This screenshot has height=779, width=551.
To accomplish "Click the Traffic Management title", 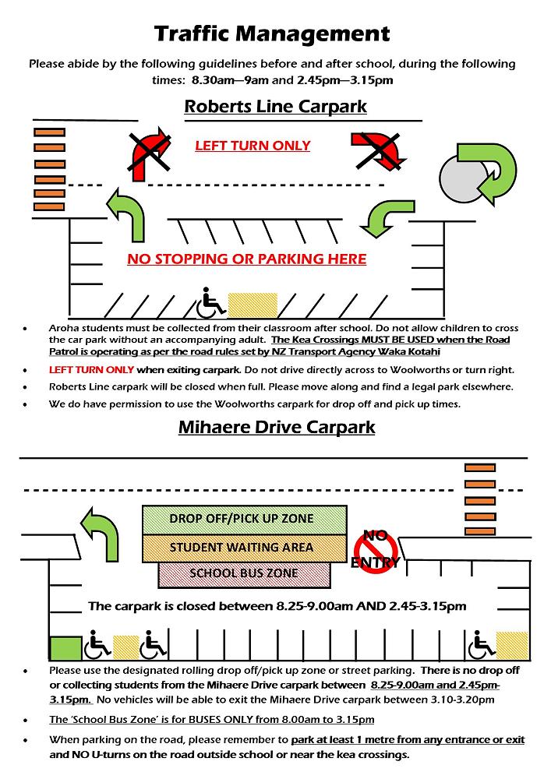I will [272, 33].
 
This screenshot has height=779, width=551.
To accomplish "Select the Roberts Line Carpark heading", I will [275, 106].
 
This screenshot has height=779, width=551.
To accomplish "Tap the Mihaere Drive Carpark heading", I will [276, 427].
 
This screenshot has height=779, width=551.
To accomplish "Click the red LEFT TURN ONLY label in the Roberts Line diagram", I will [253, 146].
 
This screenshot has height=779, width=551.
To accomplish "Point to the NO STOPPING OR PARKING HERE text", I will [246, 259].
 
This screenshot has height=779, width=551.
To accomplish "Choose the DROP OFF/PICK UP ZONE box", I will [242, 519].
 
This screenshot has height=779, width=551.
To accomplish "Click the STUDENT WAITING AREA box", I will [242, 547].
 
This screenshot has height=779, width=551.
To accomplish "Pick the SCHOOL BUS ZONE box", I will [244, 573].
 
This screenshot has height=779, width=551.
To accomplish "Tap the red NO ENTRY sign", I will [376, 548].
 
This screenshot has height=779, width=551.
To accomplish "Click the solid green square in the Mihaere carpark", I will [65, 647].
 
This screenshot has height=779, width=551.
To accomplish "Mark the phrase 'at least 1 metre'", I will [346, 739].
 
